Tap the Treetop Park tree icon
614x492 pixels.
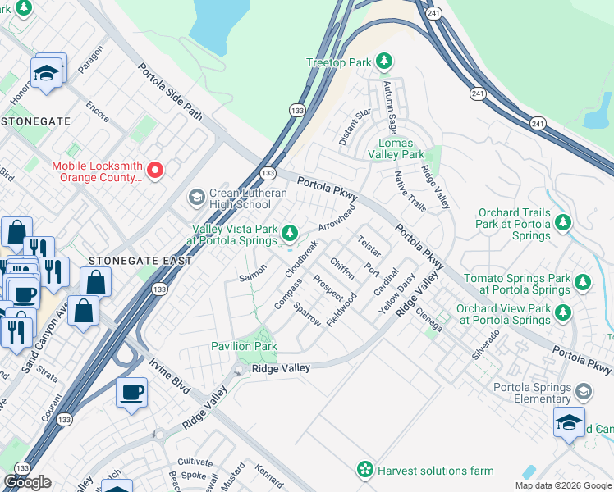point(383,61)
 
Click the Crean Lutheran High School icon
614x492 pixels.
point(196,198)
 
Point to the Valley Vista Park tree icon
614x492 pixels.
point(289,235)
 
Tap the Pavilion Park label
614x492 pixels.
point(244,347)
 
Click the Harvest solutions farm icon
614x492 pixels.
point(364,470)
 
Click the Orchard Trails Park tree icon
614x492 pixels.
point(562,223)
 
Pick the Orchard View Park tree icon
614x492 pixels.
point(562,313)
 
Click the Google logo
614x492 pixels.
point(27,481)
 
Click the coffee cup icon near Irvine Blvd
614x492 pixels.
point(131,392)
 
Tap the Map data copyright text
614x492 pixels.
point(562,485)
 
